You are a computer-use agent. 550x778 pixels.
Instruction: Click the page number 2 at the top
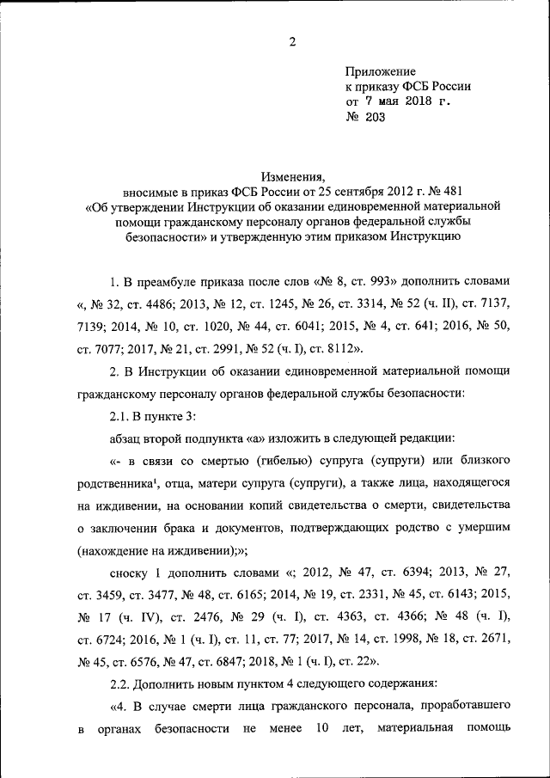click(292, 41)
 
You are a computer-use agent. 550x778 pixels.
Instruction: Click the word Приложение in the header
click(381, 71)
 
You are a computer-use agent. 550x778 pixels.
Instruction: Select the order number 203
click(376, 118)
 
